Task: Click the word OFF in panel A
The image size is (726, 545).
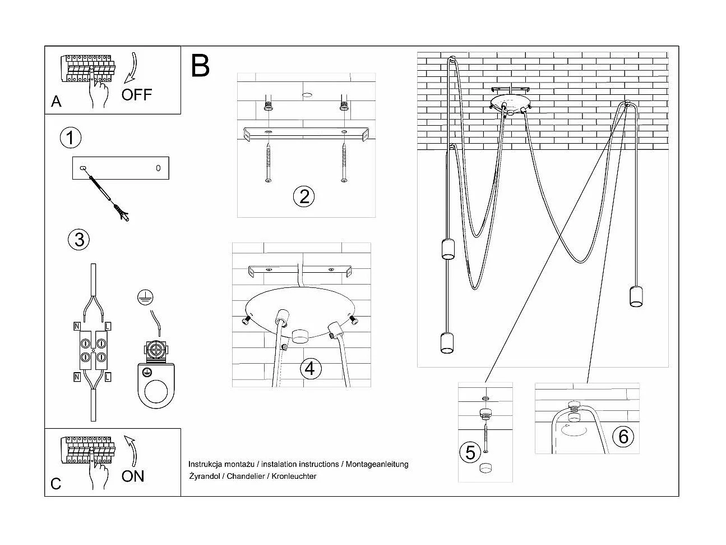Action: click(x=136, y=94)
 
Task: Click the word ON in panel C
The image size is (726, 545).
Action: click(x=133, y=476)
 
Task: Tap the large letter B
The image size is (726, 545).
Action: click(x=200, y=66)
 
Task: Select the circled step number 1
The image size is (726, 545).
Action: click(x=70, y=138)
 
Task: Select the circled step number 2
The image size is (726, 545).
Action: click(x=304, y=196)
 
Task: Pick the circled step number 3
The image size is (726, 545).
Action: click(x=78, y=239)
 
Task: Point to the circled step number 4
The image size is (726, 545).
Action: click(x=311, y=369)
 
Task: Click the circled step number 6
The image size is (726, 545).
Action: click(x=623, y=436)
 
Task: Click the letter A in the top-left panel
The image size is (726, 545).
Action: click(x=56, y=102)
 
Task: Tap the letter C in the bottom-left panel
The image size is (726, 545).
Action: click(x=56, y=484)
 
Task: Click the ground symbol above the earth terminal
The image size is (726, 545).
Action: click(x=146, y=298)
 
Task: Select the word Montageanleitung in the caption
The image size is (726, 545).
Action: click(x=377, y=464)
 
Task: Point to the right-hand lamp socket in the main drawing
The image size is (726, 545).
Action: click(x=635, y=296)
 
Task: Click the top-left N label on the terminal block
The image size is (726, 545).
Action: click(x=76, y=326)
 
